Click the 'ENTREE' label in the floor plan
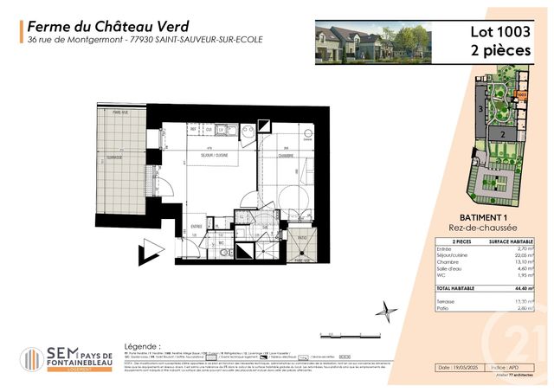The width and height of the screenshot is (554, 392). coord(197,227)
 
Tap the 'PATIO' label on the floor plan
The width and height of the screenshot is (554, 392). coord(303,238)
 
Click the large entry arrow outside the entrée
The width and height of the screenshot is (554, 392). coord(152,250)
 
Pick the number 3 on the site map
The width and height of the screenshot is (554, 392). coord(480,110)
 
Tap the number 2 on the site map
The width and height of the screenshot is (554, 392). coord(501,136)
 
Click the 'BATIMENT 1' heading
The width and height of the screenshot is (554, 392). coord(480,217)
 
